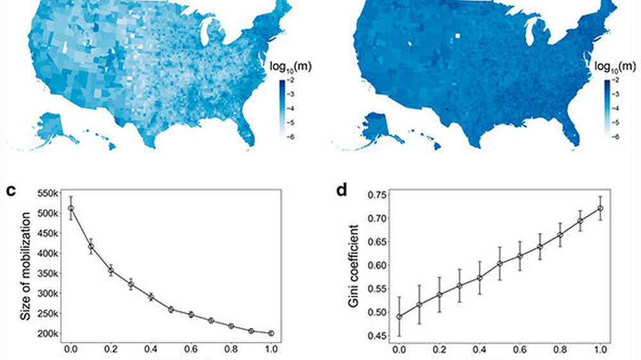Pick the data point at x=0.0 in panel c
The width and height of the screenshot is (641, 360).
pos(71,208)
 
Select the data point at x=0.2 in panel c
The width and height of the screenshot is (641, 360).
pos(110,270)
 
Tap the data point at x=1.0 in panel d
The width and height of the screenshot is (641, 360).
pos(601,208)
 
